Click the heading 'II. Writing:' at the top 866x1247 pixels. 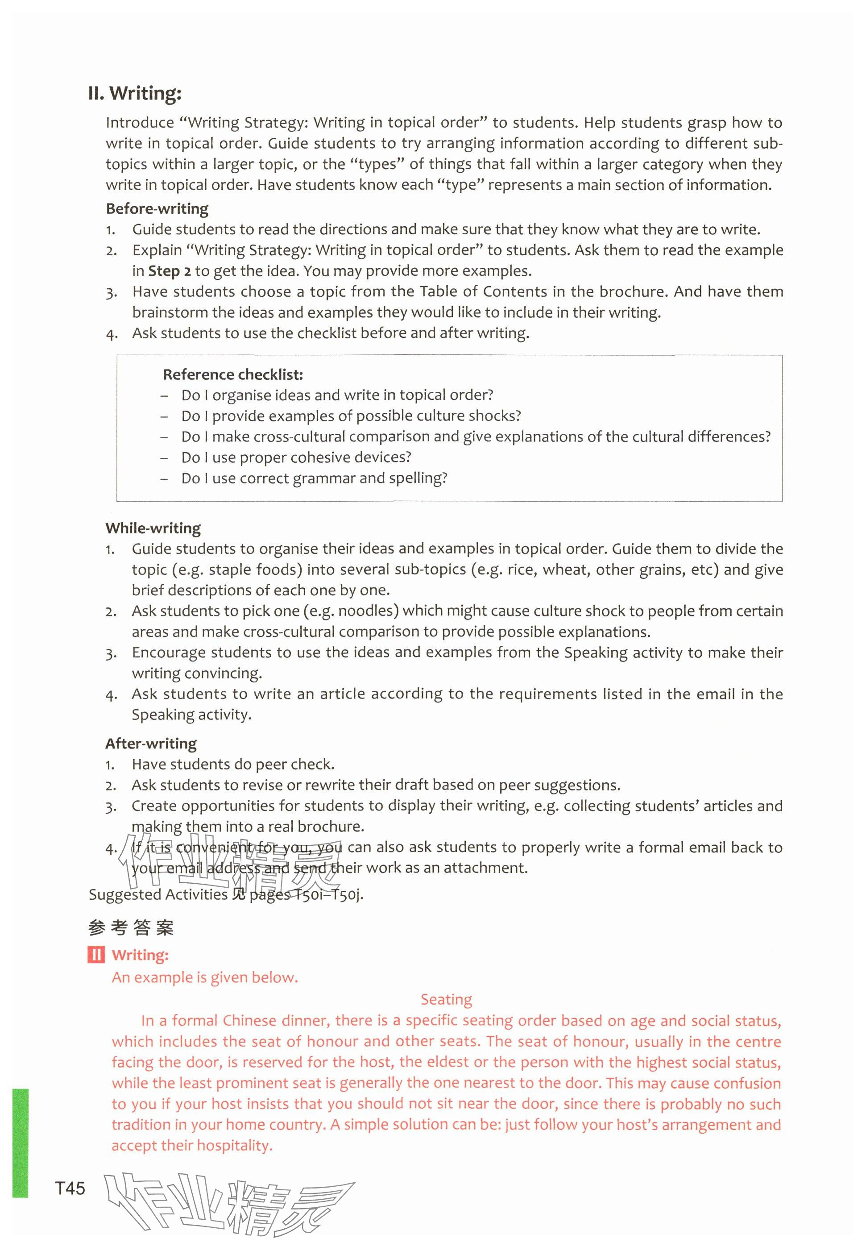(x=135, y=94)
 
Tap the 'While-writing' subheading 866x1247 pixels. (x=153, y=528)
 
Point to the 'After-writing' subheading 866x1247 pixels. (x=151, y=744)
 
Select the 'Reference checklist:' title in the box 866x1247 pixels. (x=233, y=374)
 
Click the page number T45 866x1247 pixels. (x=70, y=1189)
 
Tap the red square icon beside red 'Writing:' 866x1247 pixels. (x=95, y=955)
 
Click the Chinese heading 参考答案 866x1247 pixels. (x=131, y=928)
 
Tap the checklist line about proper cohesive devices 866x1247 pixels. (x=296, y=457)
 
